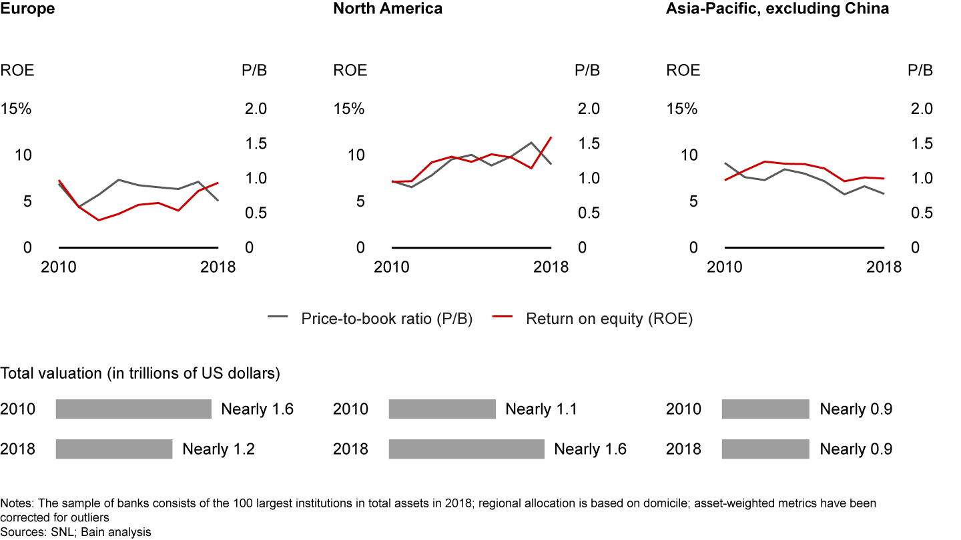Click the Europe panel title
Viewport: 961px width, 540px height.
pos(27,9)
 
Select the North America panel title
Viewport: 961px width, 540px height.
pos(388,9)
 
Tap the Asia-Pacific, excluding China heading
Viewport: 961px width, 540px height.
pos(777,9)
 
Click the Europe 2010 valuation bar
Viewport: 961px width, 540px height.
pos(133,409)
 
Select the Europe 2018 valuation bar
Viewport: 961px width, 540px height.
pos(114,449)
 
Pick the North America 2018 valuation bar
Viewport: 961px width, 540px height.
pos(466,449)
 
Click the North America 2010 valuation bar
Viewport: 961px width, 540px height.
pos(442,409)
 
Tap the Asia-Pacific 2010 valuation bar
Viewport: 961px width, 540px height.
pos(765,409)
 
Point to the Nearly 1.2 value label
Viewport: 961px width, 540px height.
pos(218,449)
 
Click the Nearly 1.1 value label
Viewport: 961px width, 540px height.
pos(541,409)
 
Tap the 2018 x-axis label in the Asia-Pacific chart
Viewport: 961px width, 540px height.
pos(884,267)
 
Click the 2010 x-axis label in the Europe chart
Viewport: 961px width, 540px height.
pos(59,267)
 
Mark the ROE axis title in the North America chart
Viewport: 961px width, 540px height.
pos(350,70)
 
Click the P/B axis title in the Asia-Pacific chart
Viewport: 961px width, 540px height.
pos(921,70)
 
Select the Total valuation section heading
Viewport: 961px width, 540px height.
pos(140,373)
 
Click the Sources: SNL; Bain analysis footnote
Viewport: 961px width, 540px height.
pos(75,532)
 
